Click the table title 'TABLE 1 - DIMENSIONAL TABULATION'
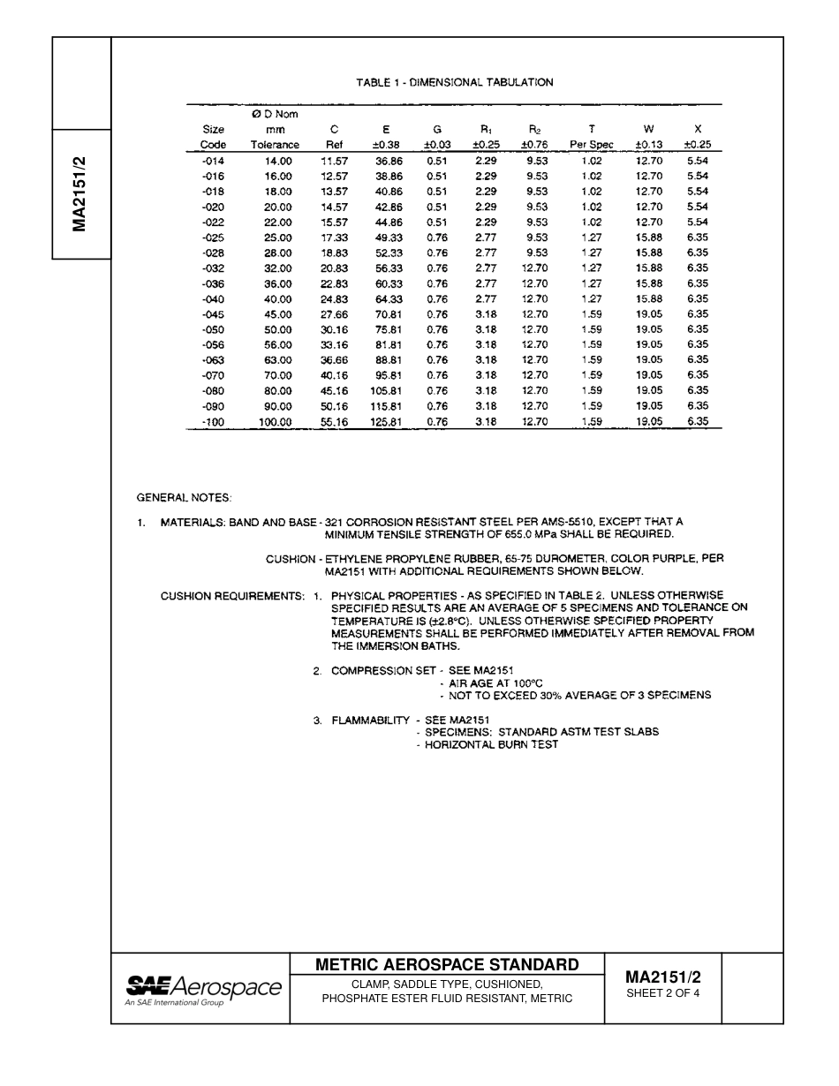[455, 82]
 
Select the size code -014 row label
[213, 161]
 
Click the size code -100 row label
[213, 422]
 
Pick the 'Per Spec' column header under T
[592, 145]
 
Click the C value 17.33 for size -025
[334, 238]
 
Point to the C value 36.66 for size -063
[334, 360]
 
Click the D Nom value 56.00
[277, 345]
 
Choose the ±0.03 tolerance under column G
[437, 145]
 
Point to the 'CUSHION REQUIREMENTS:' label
[232, 596]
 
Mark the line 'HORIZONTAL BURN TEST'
[491, 744]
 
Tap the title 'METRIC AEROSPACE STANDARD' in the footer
[447, 965]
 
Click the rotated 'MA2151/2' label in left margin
[80, 194]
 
